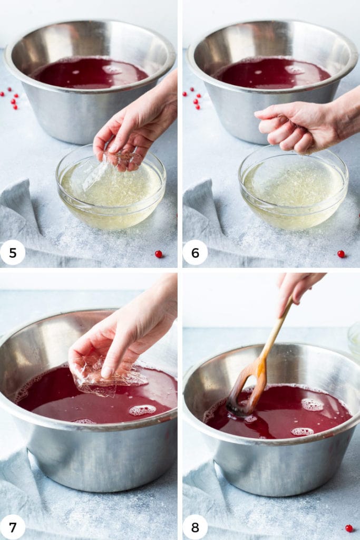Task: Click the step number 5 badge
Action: (x=13, y=253)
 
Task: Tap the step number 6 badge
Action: (x=195, y=253)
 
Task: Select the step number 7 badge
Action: (x=13, y=527)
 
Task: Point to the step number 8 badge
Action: (x=195, y=527)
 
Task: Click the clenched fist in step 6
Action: (x=295, y=127)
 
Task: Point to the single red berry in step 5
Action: (x=159, y=254)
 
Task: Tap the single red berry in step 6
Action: (x=341, y=254)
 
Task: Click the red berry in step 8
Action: (x=348, y=528)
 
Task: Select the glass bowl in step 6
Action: (x=293, y=195)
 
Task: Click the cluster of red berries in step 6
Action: (x=194, y=98)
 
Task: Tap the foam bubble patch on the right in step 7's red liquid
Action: (x=142, y=410)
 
